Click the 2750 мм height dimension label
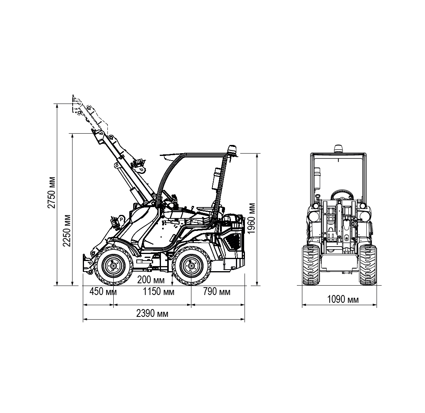pyautogui.click(x=52, y=192)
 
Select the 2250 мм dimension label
pyautogui.click(x=67, y=231)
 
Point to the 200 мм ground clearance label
pyautogui.click(x=151, y=280)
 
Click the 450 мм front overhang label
pyautogui.click(x=103, y=292)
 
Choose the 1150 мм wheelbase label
pyautogui.click(x=159, y=292)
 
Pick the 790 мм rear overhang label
pyautogui.click(x=217, y=292)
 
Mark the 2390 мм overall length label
pyautogui.click(x=152, y=313)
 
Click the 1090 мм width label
pyautogui.click(x=343, y=299)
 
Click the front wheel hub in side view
pyautogui.click(x=113, y=266)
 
